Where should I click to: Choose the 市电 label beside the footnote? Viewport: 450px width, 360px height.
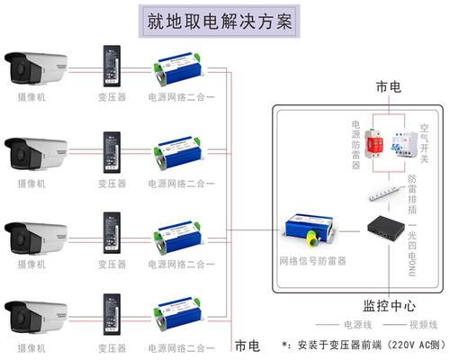point(247,345)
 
